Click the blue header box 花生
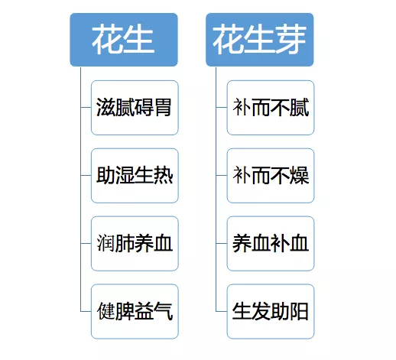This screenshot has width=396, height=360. [x=124, y=40]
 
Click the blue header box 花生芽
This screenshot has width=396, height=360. [x=260, y=40]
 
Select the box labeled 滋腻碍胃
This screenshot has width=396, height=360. [x=135, y=108]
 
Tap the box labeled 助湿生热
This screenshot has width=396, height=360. [x=135, y=176]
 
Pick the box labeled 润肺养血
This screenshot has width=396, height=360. [x=135, y=243]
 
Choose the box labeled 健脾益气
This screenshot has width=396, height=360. [x=135, y=311]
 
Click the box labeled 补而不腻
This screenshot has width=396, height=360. [x=271, y=108]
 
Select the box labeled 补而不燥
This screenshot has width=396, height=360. [x=271, y=176]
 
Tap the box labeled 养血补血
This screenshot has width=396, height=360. [x=271, y=243]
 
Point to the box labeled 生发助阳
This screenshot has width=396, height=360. [x=271, y=311]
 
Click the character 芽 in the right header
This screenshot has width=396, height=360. [x=291, y=39]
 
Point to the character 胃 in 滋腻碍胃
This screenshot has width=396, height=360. [x=163, y=107]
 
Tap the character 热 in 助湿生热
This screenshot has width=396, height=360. [x=164, y=175]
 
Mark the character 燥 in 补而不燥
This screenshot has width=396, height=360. [x=299, y=175]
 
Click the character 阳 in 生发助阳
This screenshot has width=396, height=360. [x=299, y=311]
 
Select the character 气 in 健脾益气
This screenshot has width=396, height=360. [x=164, y=311]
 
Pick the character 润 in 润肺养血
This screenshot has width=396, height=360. [x=105, y=243]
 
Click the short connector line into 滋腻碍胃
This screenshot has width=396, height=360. [x=86, y=107]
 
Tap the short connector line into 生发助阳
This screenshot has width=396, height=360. [x=222, y=311]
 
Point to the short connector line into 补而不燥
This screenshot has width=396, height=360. [x=222, y=175]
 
